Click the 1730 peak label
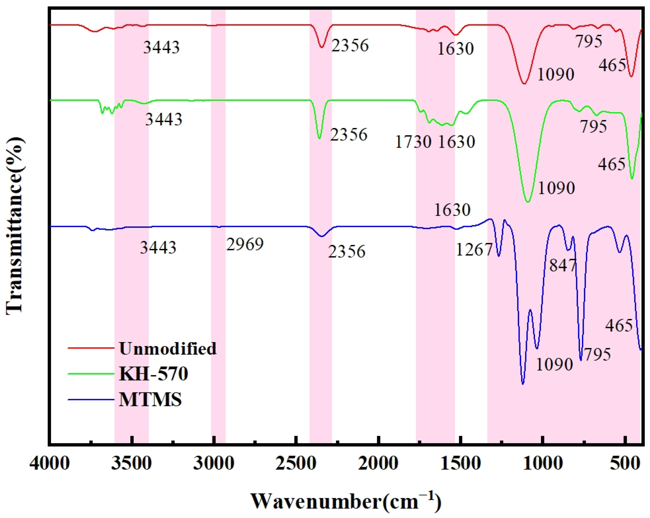point(413,142)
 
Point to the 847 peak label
point(563,265)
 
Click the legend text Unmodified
point(168,349)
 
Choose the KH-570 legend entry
point(153,374)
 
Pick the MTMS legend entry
point(150,400)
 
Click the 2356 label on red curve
point(350,45)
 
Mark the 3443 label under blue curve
point(158,248)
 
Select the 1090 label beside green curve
point(556,188)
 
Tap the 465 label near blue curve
point(619,326)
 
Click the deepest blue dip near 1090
point(523,384)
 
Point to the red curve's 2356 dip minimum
point(322,47)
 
